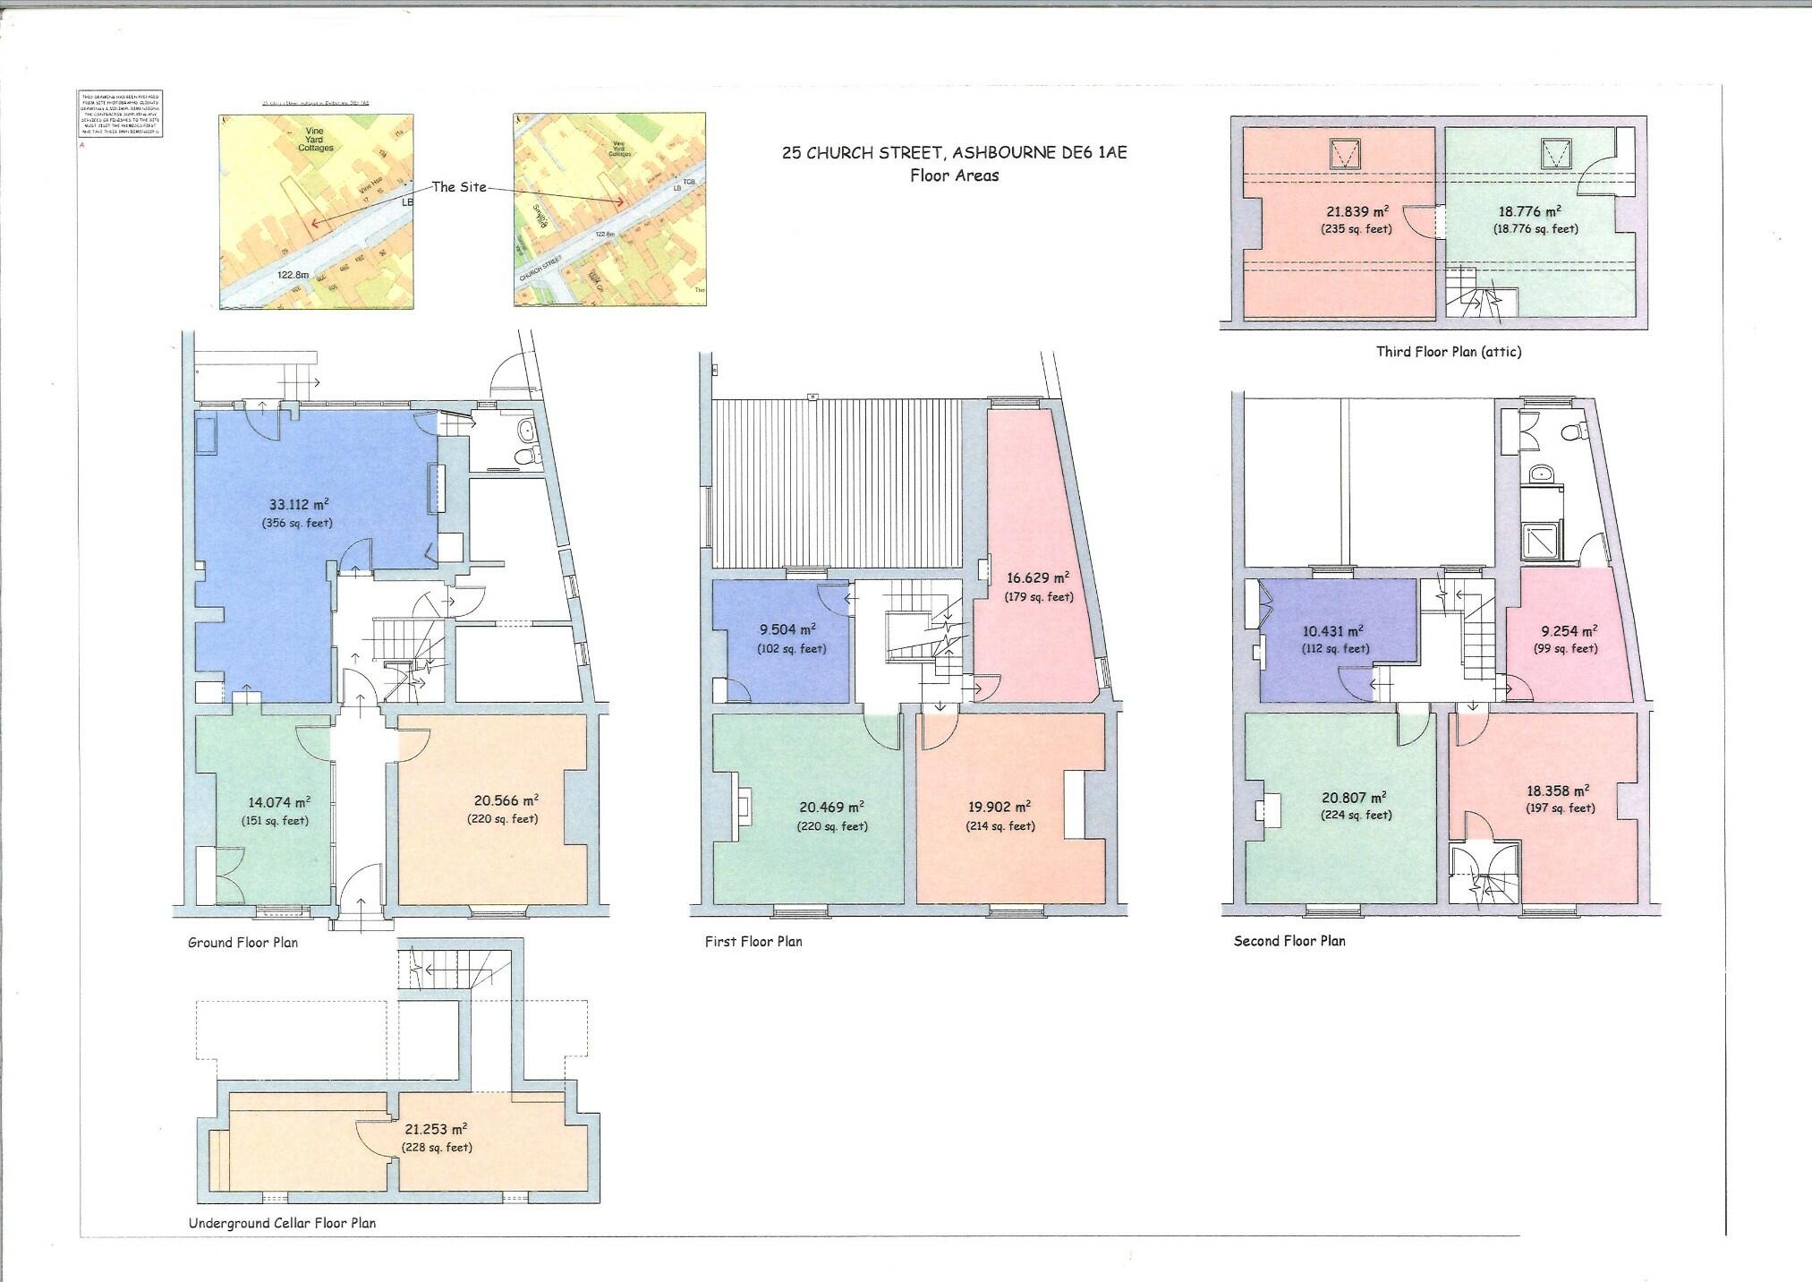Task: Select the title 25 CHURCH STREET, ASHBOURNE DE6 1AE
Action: tap(954, 152)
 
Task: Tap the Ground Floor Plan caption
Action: tap(242, 943)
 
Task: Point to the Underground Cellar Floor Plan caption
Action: tap(282, 1223)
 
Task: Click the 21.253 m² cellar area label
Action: tap(436, 1130)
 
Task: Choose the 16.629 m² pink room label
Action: tap(1037, 578)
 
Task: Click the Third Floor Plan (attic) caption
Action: tap(1448, 352)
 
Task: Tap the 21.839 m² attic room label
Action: tap(1357, 212)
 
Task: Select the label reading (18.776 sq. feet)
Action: tap(1535, 229)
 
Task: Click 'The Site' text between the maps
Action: tap(459, 186)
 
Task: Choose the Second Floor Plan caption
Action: tap(1289, 941)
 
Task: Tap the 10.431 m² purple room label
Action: tap(1333, 631)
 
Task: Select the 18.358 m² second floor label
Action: tap(1558, 791)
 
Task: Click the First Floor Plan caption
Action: tap(753, 942)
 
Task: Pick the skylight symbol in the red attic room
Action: tap(1343, 154)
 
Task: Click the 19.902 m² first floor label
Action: tap(999, 807)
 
